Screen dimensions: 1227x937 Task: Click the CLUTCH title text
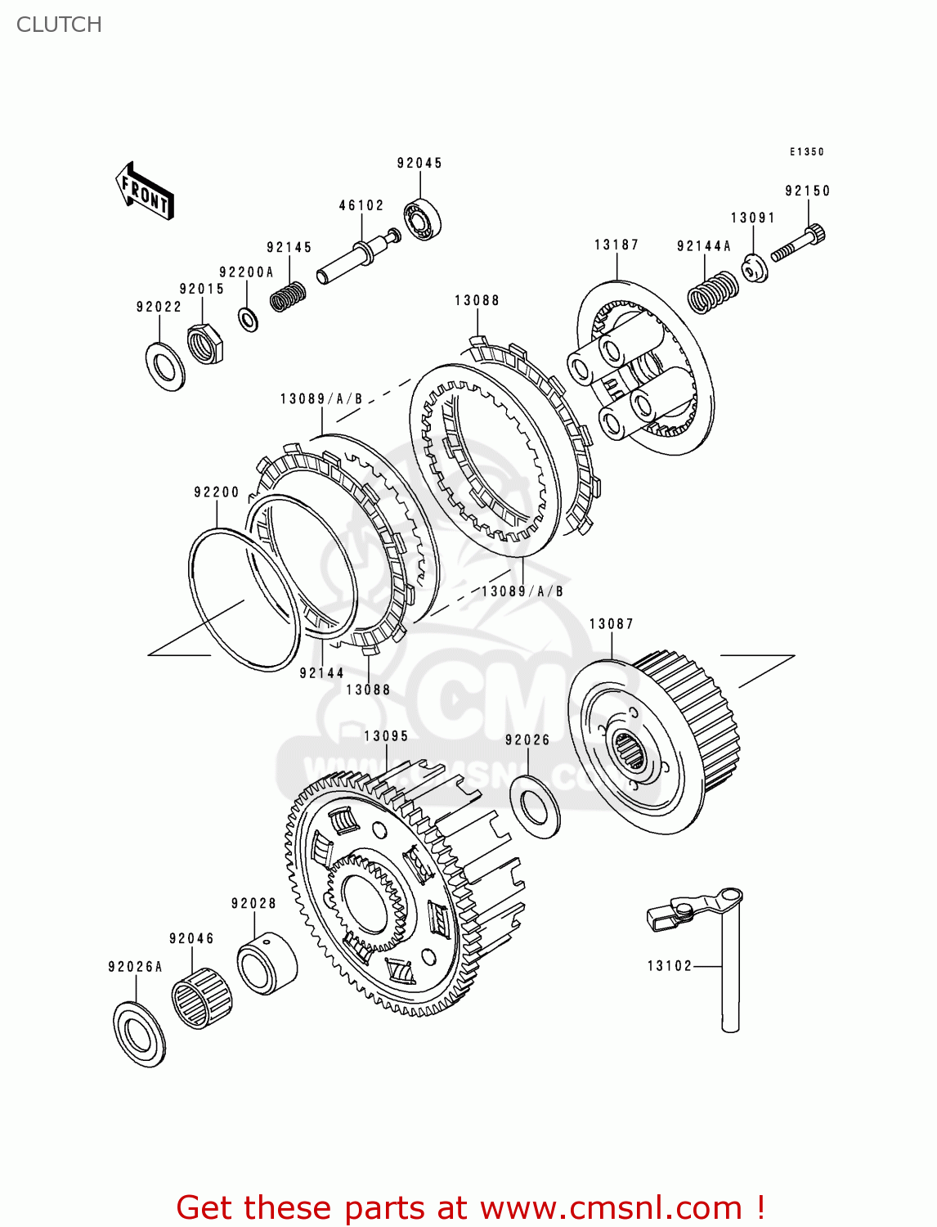click(x=59, y=25)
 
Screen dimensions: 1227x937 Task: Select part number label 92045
click(x=419, y=163)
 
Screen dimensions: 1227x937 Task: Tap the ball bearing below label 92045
click(x=422, y=220)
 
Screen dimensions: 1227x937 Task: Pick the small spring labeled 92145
click(x=288, y=296)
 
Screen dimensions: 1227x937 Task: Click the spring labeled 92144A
click(x=711, y=291)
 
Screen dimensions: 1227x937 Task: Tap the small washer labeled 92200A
click(x=248, y=319)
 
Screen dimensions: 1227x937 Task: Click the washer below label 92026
click(x=536, y=807)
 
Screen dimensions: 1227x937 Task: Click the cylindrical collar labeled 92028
click(x=267, y=963)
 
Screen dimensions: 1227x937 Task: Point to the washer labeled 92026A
click(x=139, y=1033)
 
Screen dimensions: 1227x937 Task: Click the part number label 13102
click(x=670, y=966)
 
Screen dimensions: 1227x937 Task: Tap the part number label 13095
click(x=386, y=735)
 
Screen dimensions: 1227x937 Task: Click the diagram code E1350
click(x=806, y=151)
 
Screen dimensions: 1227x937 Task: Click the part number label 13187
click(x=616, y=245)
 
